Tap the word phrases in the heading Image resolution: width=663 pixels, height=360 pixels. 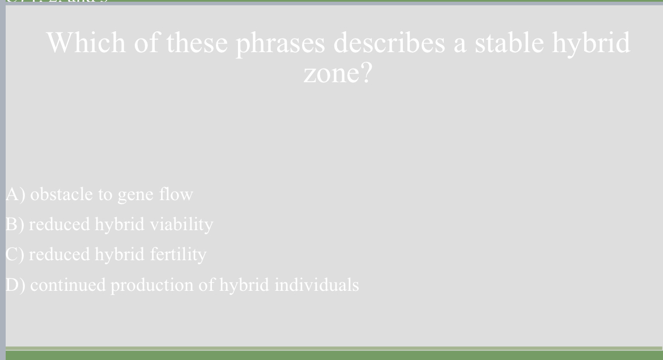pos(279,44)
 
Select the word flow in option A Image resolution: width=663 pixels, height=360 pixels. pos(176,194)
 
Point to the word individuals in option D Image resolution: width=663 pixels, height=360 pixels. pos(316,285)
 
